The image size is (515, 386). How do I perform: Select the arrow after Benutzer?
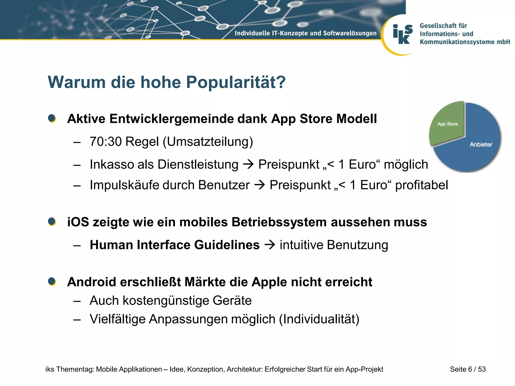coord(260,185)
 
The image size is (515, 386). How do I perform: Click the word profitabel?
coord(421,185)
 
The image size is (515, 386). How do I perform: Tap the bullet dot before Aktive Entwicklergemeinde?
coord(52,118)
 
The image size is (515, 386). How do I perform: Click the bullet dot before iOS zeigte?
coord(52,222)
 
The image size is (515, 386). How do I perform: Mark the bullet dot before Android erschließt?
coord(52,281)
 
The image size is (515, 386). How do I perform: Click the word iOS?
coord(78,222)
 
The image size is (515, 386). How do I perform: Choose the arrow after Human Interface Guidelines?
coord(270,245)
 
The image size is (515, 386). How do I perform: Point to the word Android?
coord(92,282)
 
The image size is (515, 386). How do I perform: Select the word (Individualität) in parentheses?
coord(319,319)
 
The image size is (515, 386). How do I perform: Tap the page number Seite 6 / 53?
coord(467,369)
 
